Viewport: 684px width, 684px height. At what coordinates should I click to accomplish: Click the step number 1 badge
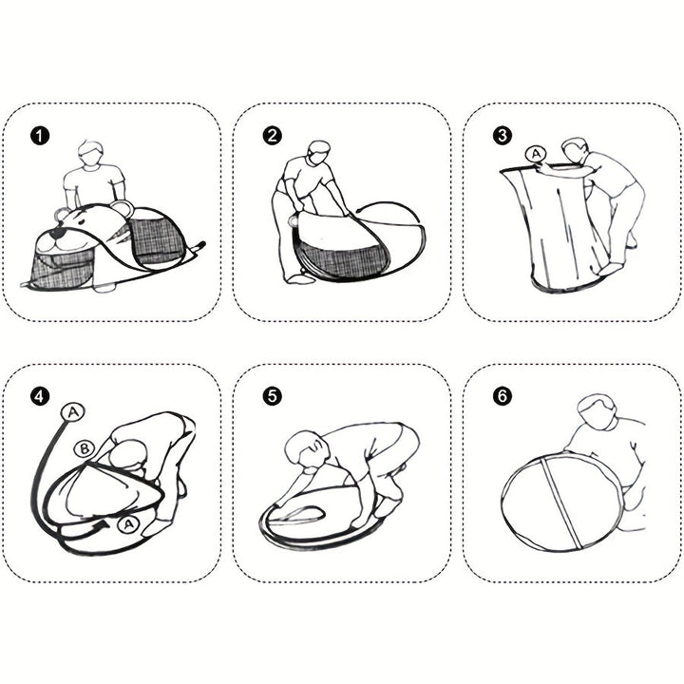tap(40, 136)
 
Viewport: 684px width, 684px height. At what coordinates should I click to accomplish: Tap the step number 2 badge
tap(273, 136)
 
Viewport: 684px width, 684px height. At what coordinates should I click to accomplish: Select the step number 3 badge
tap(503, 136)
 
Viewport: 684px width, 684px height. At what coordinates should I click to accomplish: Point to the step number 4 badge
tap(40, 396)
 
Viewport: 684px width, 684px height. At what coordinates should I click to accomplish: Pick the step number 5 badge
tap(273, 396)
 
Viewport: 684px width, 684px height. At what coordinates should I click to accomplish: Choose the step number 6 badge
tap(503, 396)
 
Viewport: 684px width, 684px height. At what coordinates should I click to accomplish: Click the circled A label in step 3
tap(535, 154)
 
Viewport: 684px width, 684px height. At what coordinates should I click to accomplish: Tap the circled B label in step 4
tap(85, 448)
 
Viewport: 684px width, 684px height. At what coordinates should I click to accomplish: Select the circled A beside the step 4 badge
tap(72, 412)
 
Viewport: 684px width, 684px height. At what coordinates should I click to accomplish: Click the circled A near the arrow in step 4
tap(128, 524)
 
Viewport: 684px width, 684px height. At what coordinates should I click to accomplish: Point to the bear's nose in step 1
tap(55, 236)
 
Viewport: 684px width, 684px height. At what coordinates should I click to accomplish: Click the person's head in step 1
tap(91, 153)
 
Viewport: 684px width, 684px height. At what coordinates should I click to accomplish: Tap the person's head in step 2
tap(318, 152)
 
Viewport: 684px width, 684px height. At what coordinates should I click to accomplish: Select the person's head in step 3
tap(574, 151)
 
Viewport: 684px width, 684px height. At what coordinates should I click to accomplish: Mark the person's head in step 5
tap(307, 451)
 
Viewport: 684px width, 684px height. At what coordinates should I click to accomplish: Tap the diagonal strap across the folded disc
tap(561, 503)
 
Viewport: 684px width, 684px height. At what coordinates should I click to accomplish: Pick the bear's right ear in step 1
tap(121, 207)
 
